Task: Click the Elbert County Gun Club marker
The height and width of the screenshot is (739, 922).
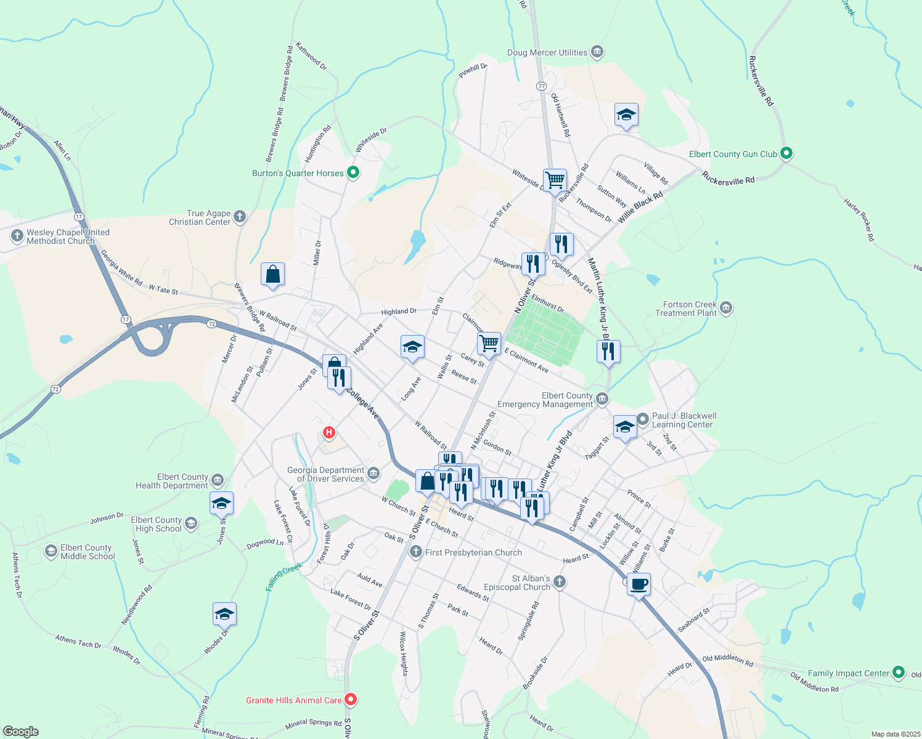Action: pos(786,153)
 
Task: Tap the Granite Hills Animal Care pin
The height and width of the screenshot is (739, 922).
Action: pos(351,699)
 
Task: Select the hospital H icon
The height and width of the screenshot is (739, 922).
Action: pos(329,432)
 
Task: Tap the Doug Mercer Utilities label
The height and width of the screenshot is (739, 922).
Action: pos(547,53)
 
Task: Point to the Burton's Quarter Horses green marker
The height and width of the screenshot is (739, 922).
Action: pos(353,172)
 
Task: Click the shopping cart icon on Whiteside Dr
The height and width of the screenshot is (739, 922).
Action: pos(555,180)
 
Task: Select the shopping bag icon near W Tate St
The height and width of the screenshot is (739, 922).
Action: pos(272,274)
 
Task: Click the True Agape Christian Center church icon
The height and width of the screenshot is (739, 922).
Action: pos(240,216)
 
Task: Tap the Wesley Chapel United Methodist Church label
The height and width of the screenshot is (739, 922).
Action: pos(68,236)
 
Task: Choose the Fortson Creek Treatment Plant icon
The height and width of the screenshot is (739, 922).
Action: pos(726,307)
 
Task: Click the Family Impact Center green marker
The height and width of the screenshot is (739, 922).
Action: pos(899,672)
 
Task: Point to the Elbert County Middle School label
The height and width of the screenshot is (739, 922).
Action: pos(88,552)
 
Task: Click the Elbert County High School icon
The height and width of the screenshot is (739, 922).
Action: pos(191,523)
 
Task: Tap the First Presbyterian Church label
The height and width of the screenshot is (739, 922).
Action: pos(473,552)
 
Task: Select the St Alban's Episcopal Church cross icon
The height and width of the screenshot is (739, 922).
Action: pos(559,581)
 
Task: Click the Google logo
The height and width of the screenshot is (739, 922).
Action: pos(21,731)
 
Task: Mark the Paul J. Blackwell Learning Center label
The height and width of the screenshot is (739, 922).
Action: pos(683,420)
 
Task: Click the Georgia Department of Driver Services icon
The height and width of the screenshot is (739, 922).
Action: pos(373,473)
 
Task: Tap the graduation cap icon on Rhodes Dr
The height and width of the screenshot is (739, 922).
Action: pos(224,614)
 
